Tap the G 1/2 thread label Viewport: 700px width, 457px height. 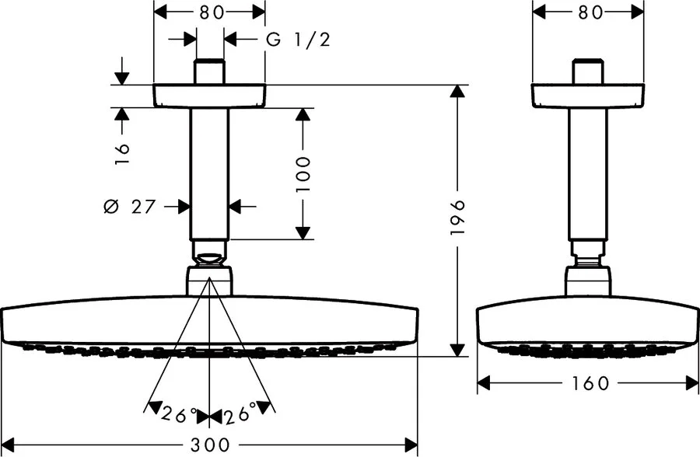(x=299, y=40)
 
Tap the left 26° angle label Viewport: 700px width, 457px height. (x=178, y=417)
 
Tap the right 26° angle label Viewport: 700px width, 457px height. (x=240, y=417)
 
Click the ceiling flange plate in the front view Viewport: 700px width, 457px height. (x=209, y=96)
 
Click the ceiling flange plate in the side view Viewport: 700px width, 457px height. (x=587, y=96)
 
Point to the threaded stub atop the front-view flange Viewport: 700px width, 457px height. (x=209, y=72)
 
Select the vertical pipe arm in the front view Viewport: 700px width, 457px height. (x=209, y=175)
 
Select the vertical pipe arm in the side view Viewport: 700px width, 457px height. (x=587, y=175)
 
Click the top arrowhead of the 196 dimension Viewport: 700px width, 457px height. (x=459, y=92)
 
